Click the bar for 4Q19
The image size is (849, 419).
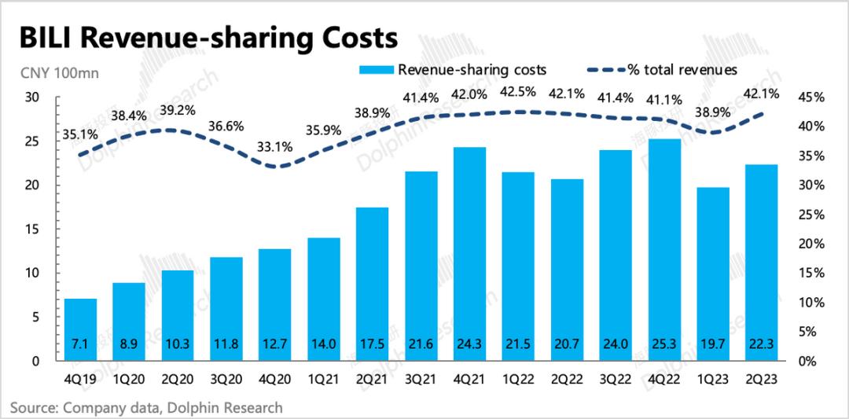80,330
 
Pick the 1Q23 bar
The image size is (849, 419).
714,274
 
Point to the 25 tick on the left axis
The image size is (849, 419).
31,142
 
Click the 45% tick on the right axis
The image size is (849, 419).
809,97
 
